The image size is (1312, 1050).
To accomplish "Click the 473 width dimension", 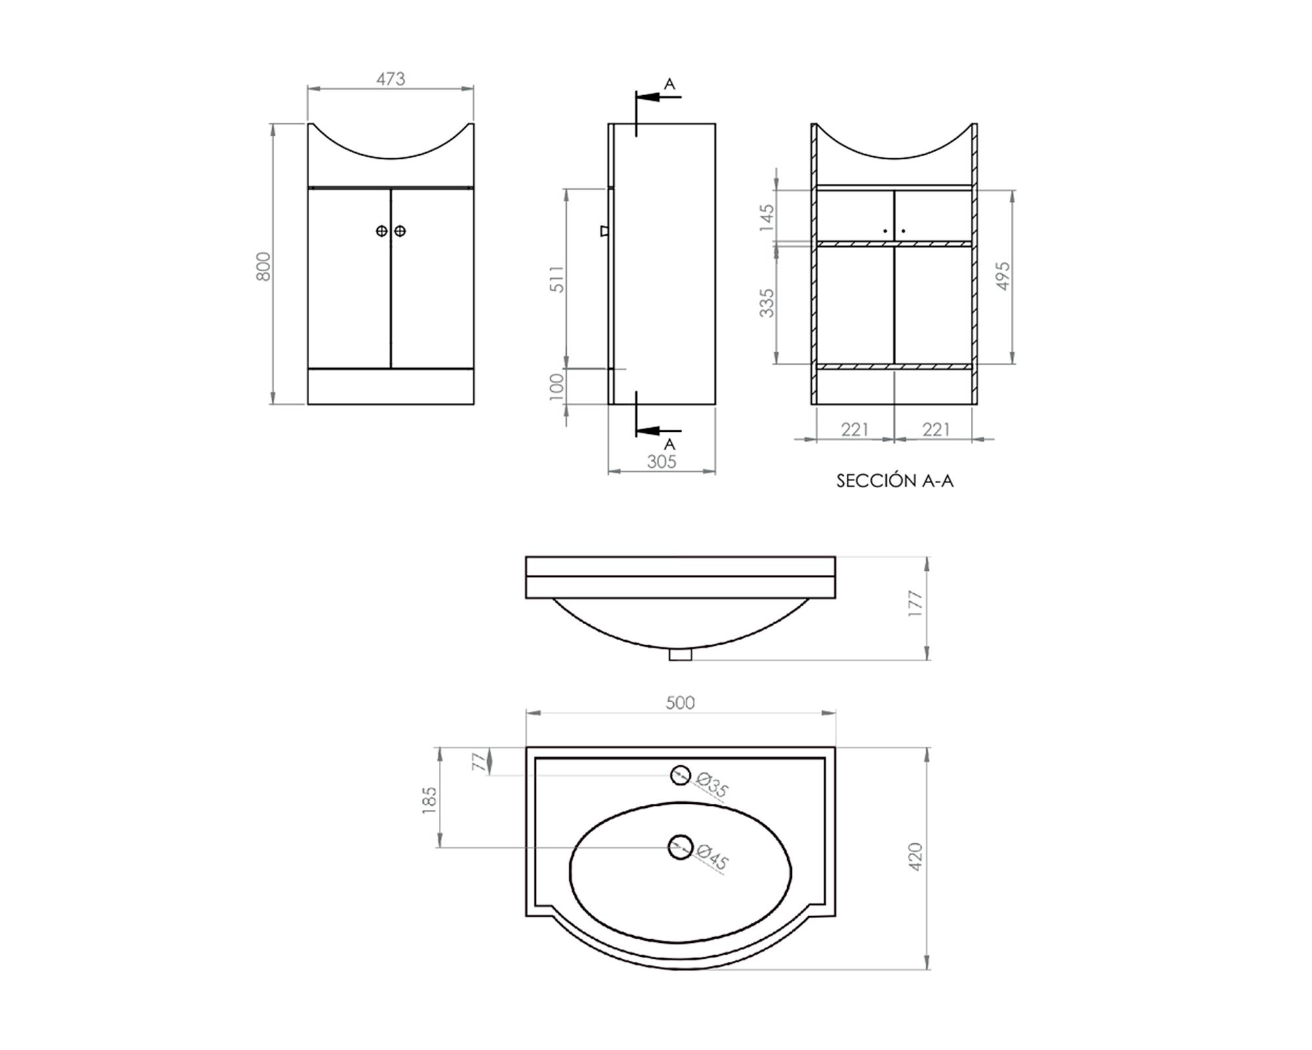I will coord(390,79).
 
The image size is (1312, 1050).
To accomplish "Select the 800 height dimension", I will coord(263,266).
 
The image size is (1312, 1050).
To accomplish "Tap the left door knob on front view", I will coord(382,231).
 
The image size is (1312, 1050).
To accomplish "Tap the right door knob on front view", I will coord(400,231).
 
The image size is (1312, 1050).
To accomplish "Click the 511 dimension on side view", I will coord(557,279).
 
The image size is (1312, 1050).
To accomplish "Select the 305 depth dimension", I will coord(661,462).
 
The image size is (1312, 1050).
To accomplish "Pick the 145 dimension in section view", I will coord(767,217).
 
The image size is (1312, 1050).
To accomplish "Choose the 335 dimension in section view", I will coord(767,303).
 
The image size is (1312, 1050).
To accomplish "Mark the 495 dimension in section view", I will coord(1003,276).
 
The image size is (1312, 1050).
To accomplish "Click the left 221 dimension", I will coord(855,429).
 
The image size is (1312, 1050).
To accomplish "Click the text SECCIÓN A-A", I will coord(895,481).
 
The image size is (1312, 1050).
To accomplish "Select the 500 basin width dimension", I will coord(680,703).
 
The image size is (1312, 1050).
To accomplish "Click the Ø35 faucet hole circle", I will coord(680,775).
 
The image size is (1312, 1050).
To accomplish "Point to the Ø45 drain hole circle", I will coord(680,847).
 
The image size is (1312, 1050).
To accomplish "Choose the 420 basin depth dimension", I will coord(916,856).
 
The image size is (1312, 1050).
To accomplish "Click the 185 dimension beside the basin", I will coord(429,800).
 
